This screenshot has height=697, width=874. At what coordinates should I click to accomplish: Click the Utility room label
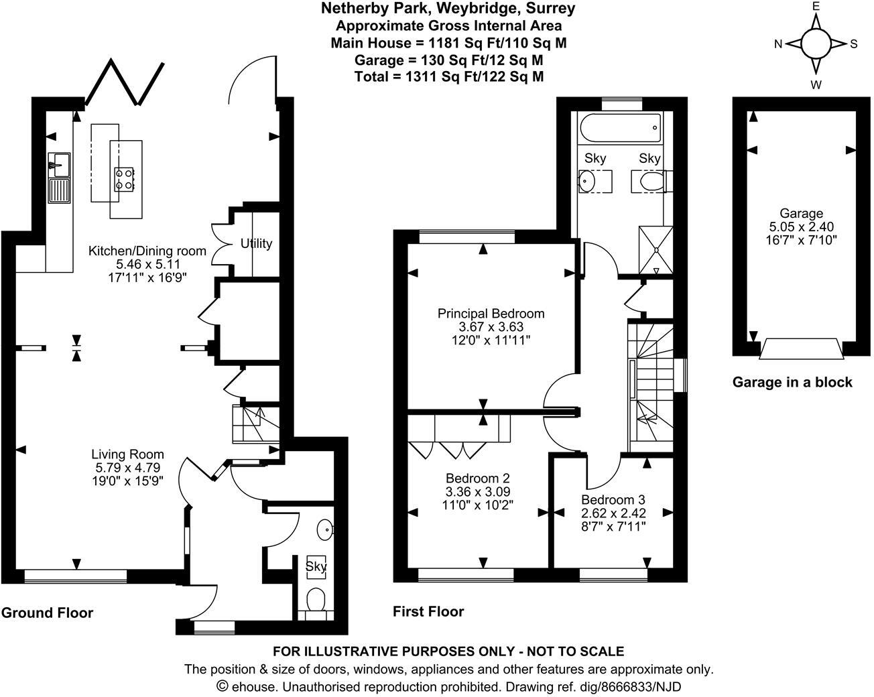[x=257, y=243]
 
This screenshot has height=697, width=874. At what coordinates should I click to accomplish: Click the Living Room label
[x=127, y=454]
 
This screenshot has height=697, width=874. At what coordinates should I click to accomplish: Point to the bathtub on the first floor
[x=619, y=127]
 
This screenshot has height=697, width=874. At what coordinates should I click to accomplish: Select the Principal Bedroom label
[x=491, y=313]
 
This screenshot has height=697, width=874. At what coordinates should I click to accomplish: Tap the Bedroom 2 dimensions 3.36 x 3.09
[x=478, y=491]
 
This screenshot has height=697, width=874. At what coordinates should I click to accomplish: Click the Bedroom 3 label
[x=613, y=499]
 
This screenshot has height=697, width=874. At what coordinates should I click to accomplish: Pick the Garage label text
[x=800, y=213]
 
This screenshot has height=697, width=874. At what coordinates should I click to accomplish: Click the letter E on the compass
[x=816, y=6]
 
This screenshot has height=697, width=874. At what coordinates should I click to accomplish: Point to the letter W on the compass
[x=816, y=84]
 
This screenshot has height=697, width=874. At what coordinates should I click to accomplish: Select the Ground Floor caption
[x=47, y=613]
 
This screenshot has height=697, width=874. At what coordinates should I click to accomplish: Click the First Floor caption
[x=428, y=611]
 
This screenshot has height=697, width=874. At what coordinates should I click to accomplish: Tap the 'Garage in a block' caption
[x=792, y=382]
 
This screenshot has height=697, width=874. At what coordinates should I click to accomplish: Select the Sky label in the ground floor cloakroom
[x=316, y=566]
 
